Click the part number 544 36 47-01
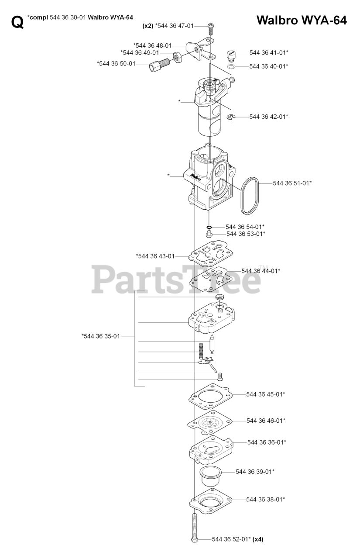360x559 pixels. pyautogui.click(x=174, y=26)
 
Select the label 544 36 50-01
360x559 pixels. pyautogui.click(x=116, y=63)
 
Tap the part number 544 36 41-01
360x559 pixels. pyautogui.click(x=269, y=52)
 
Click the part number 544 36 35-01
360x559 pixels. pyautogui.click(x=100, y=336)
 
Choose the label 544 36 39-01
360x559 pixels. pyautogui.click(x=255, y=472)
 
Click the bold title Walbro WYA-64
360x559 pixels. pyautogui.click(x=302, y=20)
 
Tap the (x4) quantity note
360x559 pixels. pyautogui.click(x=258, y=539)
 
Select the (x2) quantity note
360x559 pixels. pyautogui.click(x=148, y=26)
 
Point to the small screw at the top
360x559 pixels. pyautogui.click(x=211, y=29)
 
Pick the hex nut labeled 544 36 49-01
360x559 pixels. pyautogui.click(x=178, y=57)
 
